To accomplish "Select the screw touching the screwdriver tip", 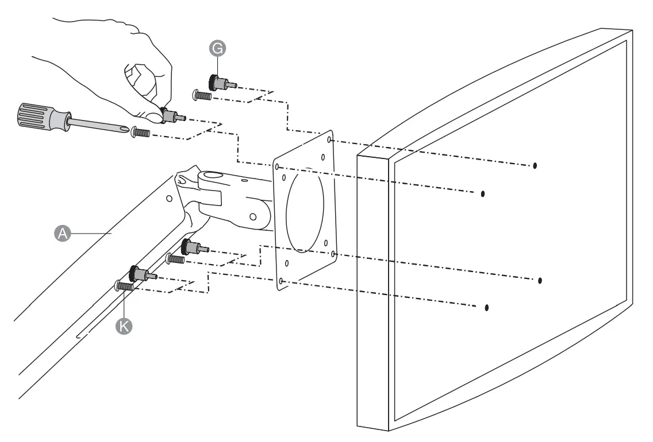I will pos(141,133).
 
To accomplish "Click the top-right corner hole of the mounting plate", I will pos(329,139).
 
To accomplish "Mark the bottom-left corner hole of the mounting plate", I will pos(281,281).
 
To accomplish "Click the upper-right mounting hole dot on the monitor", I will pos(535,165).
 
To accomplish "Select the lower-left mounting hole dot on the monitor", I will pos(487,308).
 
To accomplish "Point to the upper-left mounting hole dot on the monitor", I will pos(483,193).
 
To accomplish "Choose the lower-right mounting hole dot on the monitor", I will pos(540,280).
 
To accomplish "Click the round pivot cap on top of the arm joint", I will pos(212,176).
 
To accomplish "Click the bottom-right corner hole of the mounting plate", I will pos(333,253).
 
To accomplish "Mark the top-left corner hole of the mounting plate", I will pos(277,166).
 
